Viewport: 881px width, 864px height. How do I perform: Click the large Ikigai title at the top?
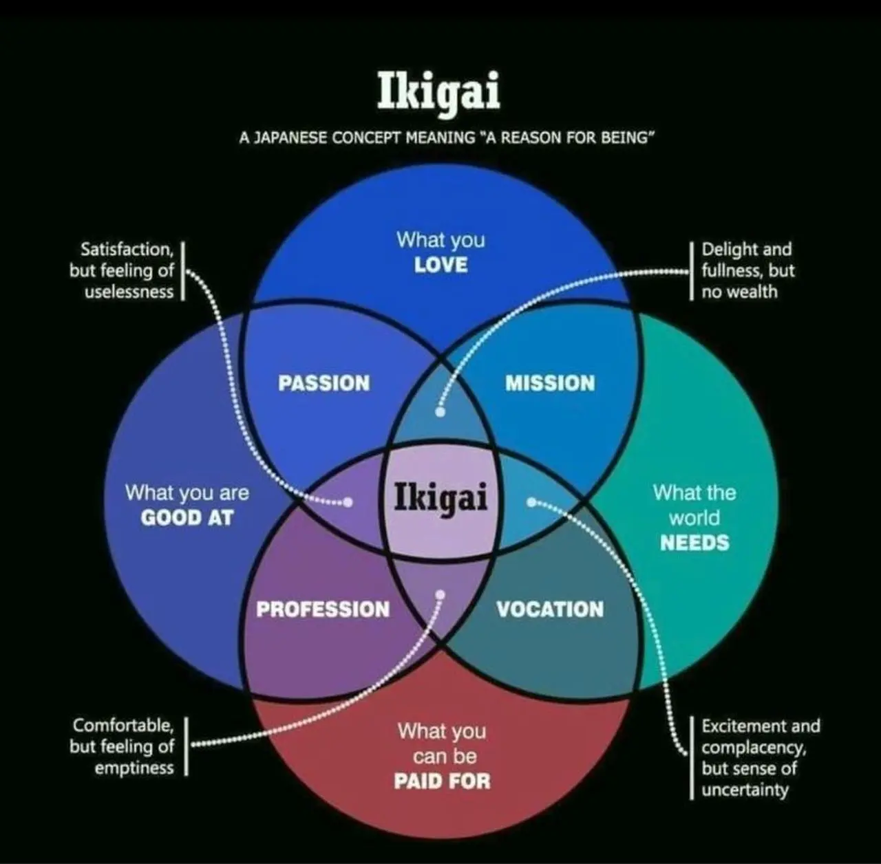click(438, 91)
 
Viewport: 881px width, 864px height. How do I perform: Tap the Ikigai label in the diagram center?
click(440, 497)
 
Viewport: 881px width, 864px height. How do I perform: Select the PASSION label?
click(323, 383)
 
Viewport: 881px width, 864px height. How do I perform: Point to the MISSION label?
click(550, 383)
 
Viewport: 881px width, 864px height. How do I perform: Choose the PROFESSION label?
click(323, 609)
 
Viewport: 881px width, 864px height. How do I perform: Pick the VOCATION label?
click(550, 609)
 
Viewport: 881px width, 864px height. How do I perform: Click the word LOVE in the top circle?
click(440, 265)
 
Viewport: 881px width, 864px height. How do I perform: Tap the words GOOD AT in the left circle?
click(187, 517)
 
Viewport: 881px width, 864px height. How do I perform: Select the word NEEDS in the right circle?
click(694, 543)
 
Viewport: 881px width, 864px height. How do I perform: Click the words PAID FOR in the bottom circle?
click(442, 781)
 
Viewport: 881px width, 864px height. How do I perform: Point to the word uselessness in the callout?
click(129, 292)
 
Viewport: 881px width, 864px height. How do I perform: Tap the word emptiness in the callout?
click(134, 768)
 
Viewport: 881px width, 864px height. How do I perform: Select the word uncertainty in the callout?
click(745, 790)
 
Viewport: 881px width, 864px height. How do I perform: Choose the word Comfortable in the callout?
click(123, 725)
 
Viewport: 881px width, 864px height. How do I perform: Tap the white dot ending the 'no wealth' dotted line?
click(440, 412)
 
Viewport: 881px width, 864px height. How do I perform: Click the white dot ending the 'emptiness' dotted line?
click(440, 594)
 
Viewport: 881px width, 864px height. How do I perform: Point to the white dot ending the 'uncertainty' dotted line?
click(531, 502)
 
